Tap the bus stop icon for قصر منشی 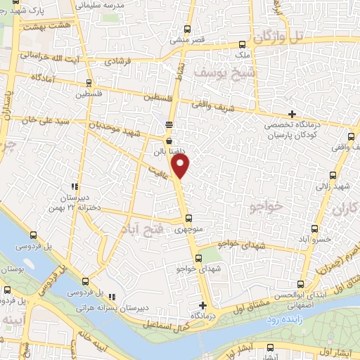click(187, 30)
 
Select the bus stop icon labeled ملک click(243, 43)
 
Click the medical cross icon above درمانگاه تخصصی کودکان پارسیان click(292, 114)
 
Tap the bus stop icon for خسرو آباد click(316, 229)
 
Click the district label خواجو click(264, 206)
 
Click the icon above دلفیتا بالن click(168, 139)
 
